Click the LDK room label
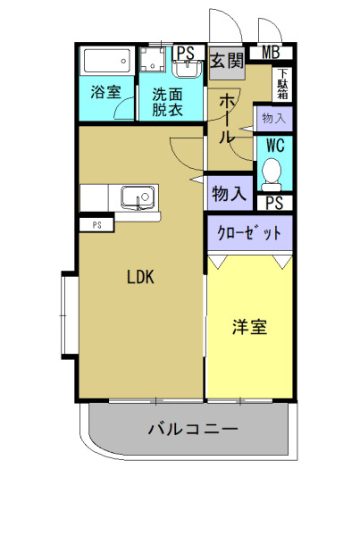tap(140, 277)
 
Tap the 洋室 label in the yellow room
tap(250, 327)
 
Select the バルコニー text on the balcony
tap(193, 429)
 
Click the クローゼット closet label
tap(250, 233)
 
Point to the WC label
tap(273, 145)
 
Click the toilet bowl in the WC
tap(272, 171)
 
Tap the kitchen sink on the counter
tap(138, 196)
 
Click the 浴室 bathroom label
tap(105, 92)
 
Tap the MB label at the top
tap(272, 53)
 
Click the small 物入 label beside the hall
tap(273, 117)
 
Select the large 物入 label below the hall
tap(228, 192)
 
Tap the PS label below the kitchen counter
tap(96, 225)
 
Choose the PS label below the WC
tap(274, 202)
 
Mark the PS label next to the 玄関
tap(186, 52)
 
